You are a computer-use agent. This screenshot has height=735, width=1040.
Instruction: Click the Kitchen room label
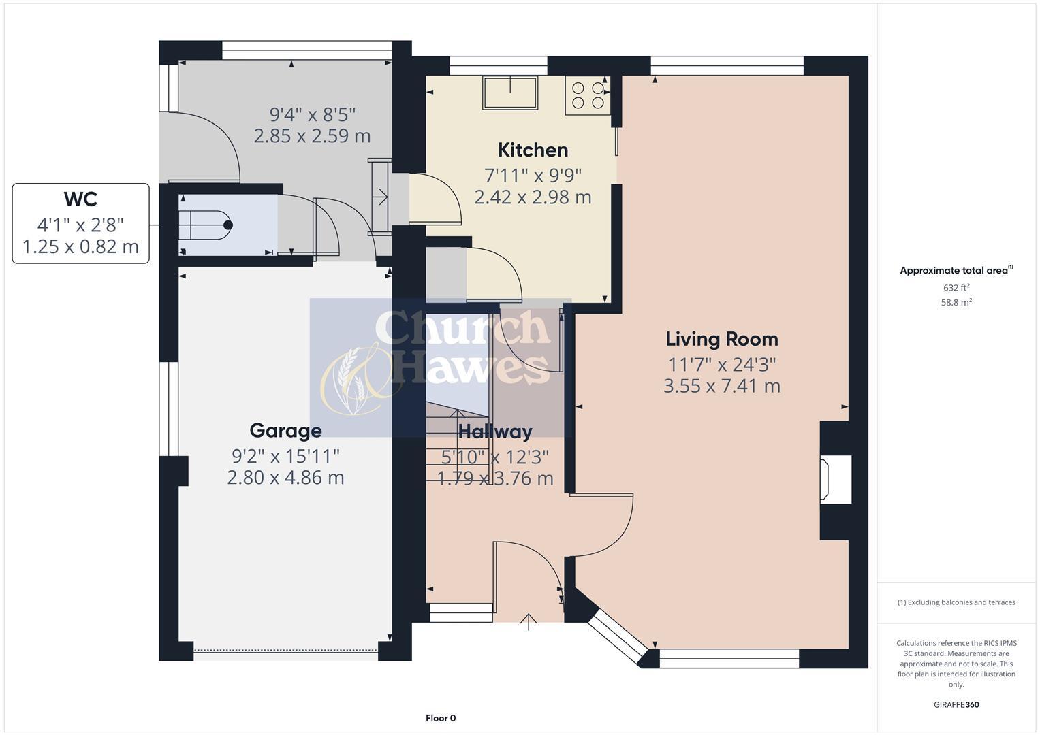[x=533, y=150]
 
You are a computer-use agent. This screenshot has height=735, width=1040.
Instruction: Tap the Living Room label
[x=721, y=339]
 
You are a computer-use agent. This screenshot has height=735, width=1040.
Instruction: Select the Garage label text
[x=285, y=431]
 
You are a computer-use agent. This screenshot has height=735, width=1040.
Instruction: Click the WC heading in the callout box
[x=80, y=199]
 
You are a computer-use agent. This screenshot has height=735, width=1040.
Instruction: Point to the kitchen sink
[x=510, y=93]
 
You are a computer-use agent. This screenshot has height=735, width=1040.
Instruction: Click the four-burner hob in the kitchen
[x=588, y=95]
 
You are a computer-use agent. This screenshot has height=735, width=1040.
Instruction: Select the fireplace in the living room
[x=835, y=480]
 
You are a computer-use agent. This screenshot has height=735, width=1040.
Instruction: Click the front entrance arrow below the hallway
[x=529, y=621]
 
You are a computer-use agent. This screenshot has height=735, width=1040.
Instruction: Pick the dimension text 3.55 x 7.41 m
[x=721, y=386]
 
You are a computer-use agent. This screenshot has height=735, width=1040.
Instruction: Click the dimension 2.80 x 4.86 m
[x=285, y=478]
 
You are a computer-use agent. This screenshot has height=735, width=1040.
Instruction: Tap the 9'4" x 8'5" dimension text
[x=313, y=114]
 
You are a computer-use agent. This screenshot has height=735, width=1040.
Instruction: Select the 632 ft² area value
[x=956, y=288]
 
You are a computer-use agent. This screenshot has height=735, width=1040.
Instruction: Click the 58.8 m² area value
[x=956, y=303]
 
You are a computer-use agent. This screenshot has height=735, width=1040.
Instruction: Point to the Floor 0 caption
[x=440, y=718]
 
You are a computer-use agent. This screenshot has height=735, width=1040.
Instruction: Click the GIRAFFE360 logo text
[x=956, y=704]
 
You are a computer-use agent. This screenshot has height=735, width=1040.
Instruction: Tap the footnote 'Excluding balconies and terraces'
[x=956, y=602]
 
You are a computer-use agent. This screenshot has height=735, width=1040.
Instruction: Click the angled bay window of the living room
[x=616, y=636]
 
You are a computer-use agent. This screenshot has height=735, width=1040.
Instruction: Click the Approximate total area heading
[x=956, y=271]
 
